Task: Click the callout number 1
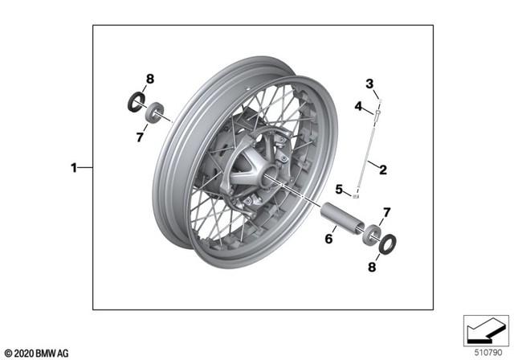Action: coord(74,168)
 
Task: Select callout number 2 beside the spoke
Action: coord(383,170)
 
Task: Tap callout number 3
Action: coord(370,84)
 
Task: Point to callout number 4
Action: coord(359,104)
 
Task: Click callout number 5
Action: coord(340,189)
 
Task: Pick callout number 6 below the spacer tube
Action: coord(328,238)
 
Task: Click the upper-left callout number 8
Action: coord(149,79)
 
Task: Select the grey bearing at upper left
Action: coord(153,112)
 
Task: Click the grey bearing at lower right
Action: coord(373,233)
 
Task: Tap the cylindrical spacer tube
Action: coord(341,219)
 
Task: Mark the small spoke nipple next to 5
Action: coord(356,195)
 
